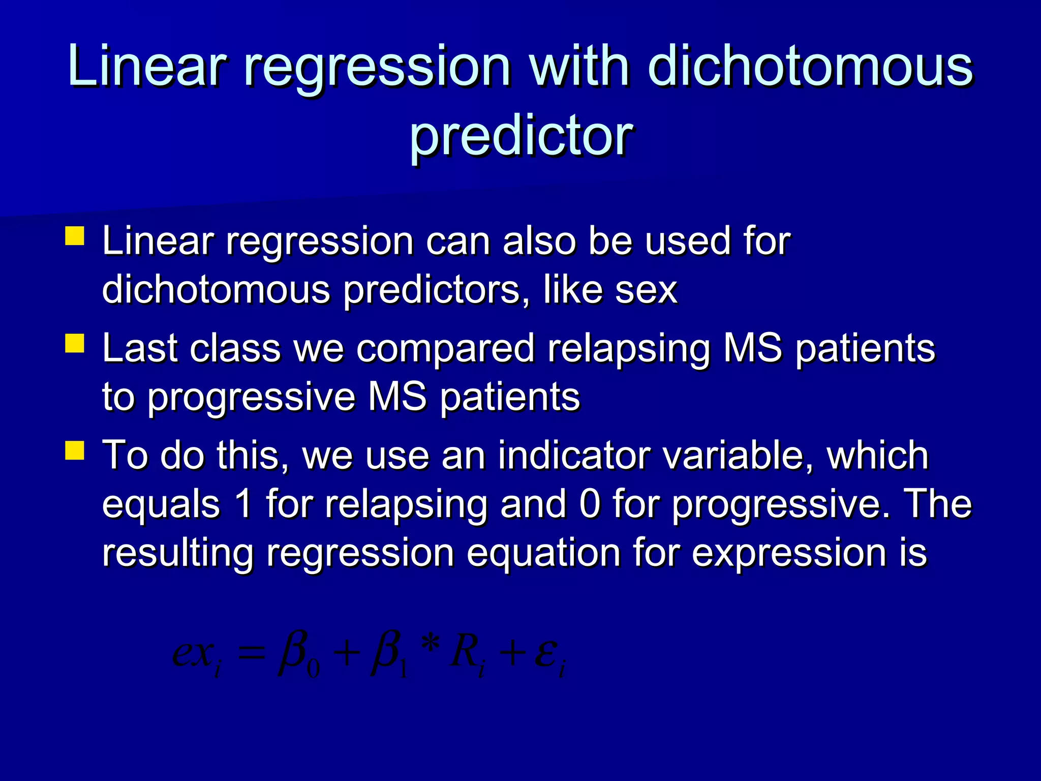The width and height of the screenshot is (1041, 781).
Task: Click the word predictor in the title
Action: click(x=521, y=136)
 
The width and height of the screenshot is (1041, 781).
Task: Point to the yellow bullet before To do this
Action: click(x=75, y=450)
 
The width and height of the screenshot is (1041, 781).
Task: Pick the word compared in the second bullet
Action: click(x=445, y=350)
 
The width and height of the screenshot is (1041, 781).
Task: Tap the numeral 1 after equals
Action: click(x=244, y=504)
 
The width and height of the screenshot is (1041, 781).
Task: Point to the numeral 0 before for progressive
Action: click(x=590, y=504)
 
